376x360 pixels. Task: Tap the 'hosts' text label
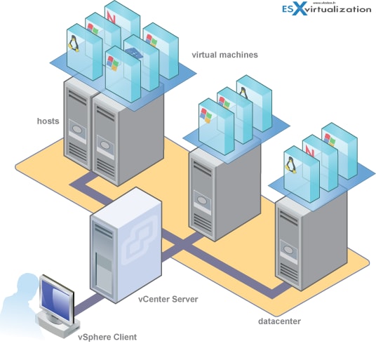48,121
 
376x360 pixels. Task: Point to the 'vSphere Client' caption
107,338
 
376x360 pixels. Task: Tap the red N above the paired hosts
112,13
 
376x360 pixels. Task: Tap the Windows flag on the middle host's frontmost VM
206,114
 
